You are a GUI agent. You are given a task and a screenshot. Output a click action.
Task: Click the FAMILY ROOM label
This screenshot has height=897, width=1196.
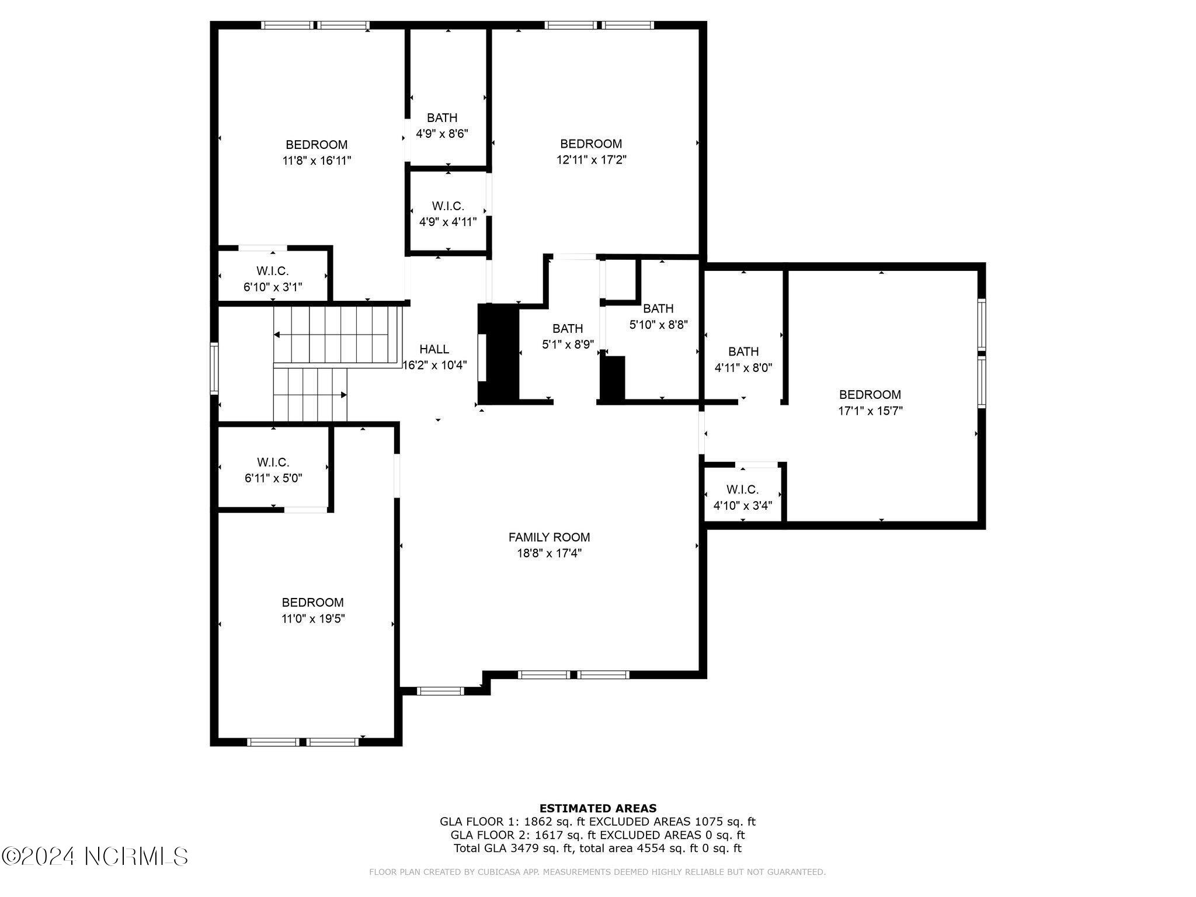(549, 537)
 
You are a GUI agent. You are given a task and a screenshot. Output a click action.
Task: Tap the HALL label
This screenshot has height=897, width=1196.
(434, 349)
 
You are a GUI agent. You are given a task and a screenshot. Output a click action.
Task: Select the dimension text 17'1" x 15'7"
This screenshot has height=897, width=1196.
(870, 411)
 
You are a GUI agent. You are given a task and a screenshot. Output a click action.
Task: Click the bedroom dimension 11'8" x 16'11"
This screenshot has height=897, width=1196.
(317, 161)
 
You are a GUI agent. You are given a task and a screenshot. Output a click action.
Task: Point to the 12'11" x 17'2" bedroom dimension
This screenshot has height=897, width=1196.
(591, 159)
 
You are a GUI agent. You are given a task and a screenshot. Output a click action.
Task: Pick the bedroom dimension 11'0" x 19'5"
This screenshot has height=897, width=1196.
(313, 618)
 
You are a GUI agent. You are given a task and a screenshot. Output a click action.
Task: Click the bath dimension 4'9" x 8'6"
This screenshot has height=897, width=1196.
(442, 134)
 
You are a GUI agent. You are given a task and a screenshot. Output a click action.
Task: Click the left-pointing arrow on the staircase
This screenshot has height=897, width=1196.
(277, 335)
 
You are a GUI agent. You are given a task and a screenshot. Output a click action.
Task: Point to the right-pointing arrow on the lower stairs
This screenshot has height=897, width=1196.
(344, 395)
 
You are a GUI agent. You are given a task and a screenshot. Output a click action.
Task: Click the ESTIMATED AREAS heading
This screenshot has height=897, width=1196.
(597, 809)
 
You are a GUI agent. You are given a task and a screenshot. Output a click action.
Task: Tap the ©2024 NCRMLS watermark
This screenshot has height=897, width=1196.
(95, 857)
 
